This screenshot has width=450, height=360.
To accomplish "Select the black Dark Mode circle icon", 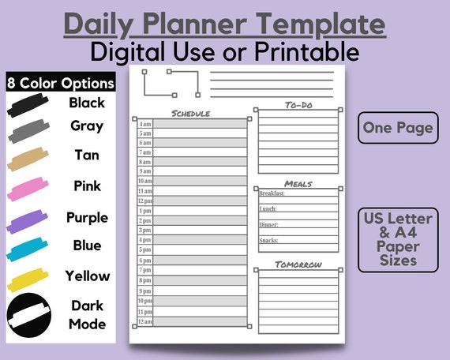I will (29, 314).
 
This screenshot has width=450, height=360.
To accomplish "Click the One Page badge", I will (398, 128).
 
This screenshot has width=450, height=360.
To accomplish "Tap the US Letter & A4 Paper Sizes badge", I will (398, 238).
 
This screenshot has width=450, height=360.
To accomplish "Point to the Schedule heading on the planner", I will (190, 114).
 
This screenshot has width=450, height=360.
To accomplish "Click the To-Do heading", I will (299, 105).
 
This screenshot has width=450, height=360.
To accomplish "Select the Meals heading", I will (298, 184).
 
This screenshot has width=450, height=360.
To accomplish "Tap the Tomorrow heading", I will (298, 264).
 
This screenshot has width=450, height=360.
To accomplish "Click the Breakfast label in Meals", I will (272, 194).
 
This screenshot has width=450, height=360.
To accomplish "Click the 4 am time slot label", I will (145, 124).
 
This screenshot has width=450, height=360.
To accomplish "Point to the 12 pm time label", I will (145, 201).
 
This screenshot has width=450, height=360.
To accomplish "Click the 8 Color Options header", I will (60, 83).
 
